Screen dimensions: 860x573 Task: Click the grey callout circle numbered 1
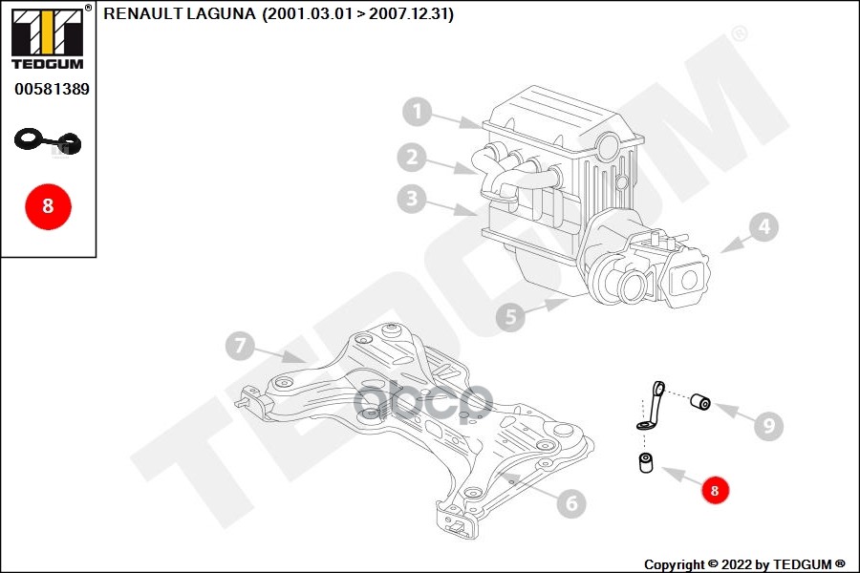pos(418,112)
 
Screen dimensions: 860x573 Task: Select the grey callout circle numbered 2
pos(412,158)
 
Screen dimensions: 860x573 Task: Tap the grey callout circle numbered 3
pos(412,199)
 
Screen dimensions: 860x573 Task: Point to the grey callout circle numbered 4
pos(764,226)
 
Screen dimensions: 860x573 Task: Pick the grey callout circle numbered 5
pos(510,316)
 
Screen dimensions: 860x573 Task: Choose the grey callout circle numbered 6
pos(571,503)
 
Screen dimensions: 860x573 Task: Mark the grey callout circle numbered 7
pos(240,346)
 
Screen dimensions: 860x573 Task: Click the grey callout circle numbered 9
pos(769,425)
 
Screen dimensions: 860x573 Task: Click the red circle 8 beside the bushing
pos(714,490)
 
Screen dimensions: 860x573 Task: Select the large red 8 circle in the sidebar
pos(49,206)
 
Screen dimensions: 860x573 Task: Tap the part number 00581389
pos(52,89)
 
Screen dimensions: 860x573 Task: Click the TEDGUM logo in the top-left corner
pos(48,37)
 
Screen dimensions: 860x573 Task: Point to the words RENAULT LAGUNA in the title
pos(180,13)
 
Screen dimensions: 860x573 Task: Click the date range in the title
pos(358,13)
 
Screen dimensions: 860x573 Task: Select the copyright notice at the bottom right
pos(744,564)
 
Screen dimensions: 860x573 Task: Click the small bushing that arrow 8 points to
pos(647,462)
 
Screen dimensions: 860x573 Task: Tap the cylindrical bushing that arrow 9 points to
pos(700,401)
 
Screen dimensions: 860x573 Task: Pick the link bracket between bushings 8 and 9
pos(652,406)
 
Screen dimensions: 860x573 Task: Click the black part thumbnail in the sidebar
pos(48,141)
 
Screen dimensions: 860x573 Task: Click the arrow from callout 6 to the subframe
pos(528,486)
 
